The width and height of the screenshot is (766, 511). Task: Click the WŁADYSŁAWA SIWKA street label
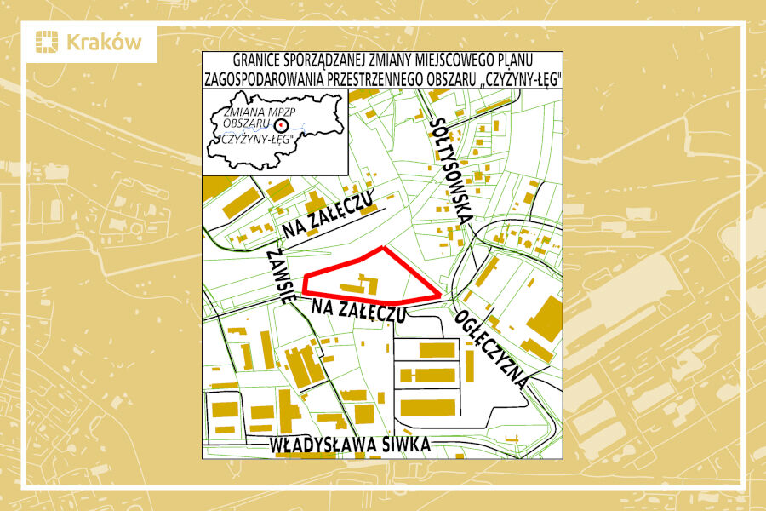[x=349, y=445]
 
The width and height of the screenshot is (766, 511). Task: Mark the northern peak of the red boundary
[x=384, y=248]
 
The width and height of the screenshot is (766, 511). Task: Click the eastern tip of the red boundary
[x=440, y=296]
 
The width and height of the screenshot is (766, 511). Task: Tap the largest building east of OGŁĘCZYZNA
[x=545, y=319]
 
